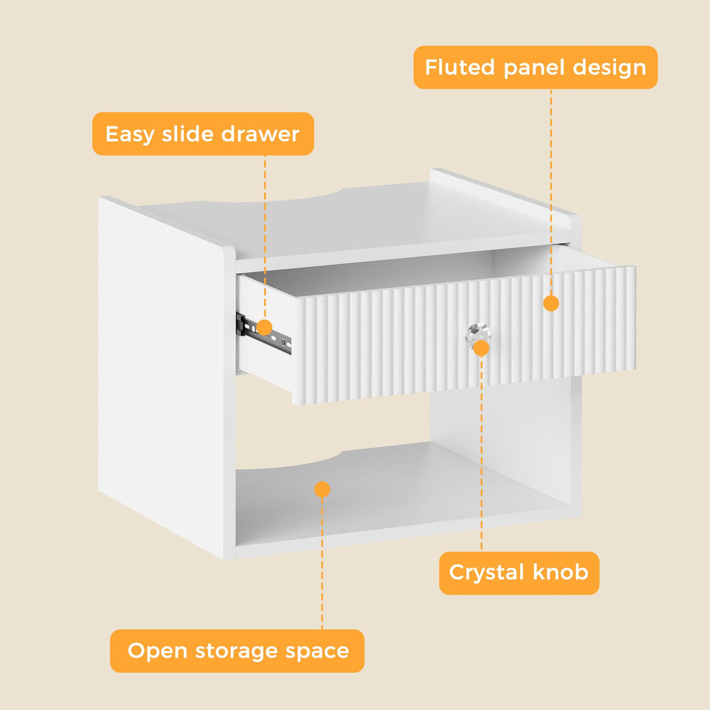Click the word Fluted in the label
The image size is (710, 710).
pyautogui.click(x=460, y=67)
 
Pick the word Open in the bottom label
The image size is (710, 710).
pyautogui.click(x=157, y=652)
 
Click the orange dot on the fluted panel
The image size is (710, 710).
pyautogui.click(x=551, y=303)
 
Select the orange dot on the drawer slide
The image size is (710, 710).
pyautogui.click(x=264, y=328)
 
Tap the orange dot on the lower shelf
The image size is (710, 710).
pyautogui.click(x=322, y=489)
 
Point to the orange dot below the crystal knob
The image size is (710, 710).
pyautogui.click(x=481, y=349)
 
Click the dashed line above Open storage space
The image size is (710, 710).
pyautogui.click(x=322, y=561)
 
